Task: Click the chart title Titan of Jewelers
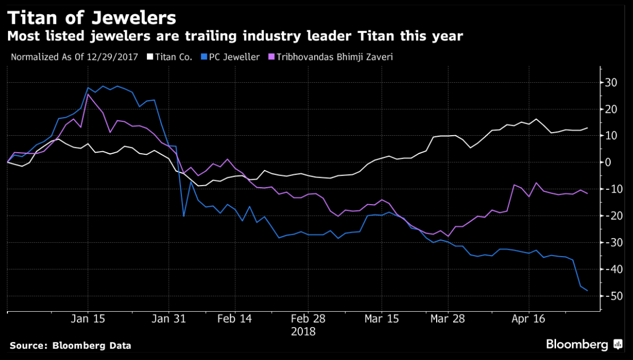click(x=91, y=17)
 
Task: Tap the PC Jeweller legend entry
click(x=233, y=57)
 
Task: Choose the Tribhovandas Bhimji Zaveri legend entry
click(x=332, y=57)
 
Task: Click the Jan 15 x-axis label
click(x=88, y=319)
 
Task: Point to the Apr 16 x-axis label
click(x=528, y=319)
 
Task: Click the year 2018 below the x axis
click(x=304, y=332)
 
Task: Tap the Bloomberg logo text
click(x=577, y=345)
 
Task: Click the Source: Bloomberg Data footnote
click(x=70, y=346)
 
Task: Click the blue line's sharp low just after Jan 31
click(x=184, y=216)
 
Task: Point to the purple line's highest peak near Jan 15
click(x=88, y=94)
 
